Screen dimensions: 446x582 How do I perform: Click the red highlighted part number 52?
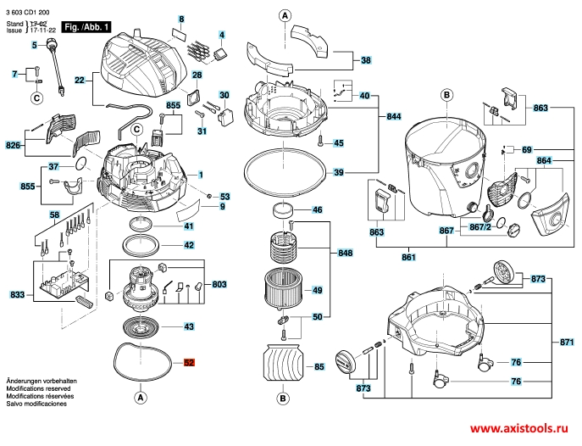click(x=189, y=363)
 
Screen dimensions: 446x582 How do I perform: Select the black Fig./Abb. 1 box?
click(x=82, y=28)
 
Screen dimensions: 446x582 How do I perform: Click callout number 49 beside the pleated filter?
click(x=316, y=291)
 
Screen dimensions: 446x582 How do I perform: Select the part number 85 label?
click(x=319, y=367)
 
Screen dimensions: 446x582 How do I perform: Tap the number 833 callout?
click(x=17, y=294)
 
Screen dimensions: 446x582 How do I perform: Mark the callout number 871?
click(x=567, y=342)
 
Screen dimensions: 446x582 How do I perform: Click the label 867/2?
click(x=479, y=227)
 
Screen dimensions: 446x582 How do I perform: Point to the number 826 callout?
click(x=14, y=145)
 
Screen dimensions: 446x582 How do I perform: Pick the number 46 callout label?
click(x=317, y=210)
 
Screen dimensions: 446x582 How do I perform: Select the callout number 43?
click(x=189, y=326)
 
